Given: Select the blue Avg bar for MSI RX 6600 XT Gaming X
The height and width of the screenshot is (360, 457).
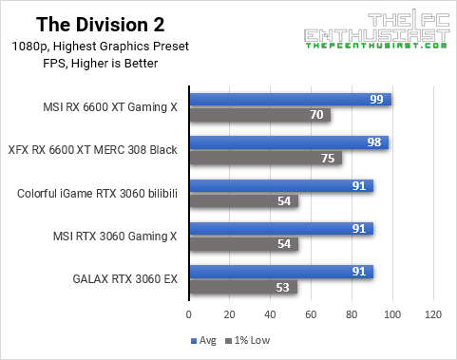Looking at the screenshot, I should [290, 100].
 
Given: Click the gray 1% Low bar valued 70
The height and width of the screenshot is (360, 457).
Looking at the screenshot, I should [259, 115].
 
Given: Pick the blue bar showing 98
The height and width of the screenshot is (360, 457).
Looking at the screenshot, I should [288, 142].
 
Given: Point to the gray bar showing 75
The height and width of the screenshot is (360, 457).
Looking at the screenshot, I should [265, 159].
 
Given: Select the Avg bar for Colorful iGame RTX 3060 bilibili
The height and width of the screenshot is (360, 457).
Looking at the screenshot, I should [281, 186].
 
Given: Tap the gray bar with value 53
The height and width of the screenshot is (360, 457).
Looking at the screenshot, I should [242, 288].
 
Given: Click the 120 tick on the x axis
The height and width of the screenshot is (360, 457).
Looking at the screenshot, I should [433, 313].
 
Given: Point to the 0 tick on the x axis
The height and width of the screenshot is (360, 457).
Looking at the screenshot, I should [189, 313].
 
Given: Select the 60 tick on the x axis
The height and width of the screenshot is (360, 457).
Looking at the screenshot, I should [312, 313].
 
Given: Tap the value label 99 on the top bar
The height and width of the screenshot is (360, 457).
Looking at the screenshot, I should [376, 100].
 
